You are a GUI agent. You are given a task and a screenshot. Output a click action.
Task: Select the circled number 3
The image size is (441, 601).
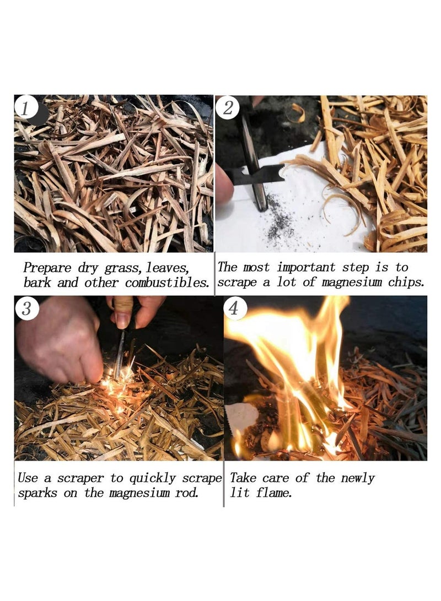tap(26, 308)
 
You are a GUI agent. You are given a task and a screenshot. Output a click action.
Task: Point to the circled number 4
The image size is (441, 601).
tap(234, 308)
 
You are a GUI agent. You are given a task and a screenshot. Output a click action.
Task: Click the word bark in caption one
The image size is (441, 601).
tap(36, 283)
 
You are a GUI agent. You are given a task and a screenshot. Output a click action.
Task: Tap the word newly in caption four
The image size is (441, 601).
tap(356, 478)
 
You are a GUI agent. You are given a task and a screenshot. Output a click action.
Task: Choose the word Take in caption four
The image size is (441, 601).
tap(243, 478)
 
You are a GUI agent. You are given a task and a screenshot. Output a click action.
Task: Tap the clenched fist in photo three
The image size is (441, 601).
tap(61, 342)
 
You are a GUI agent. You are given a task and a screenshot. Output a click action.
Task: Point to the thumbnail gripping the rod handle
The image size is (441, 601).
tap(122, 318)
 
